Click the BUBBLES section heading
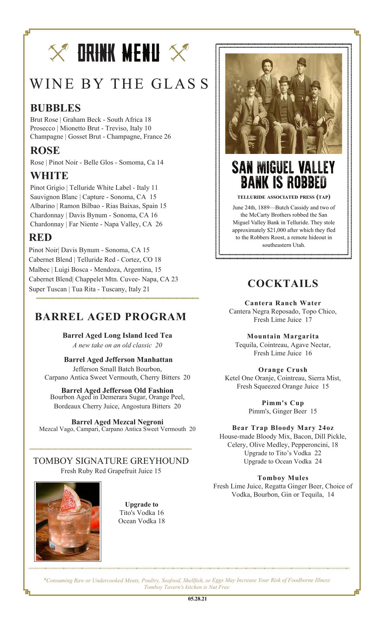(55, 108)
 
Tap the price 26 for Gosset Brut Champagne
(167, 137)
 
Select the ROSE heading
(45, 151)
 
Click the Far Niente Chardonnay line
(96, 224)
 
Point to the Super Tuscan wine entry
(89, 289)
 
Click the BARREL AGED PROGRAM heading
(111, 317)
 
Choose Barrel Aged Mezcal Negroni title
(117, 422)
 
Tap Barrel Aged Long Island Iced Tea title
(117, 335)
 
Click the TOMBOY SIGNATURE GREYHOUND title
(111, 461)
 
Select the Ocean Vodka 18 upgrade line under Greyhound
(141, 521)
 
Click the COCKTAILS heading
(283, 284)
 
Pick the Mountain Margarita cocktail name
(283, 336)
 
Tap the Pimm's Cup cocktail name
(283, 403)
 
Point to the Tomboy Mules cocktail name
(283, 478)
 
